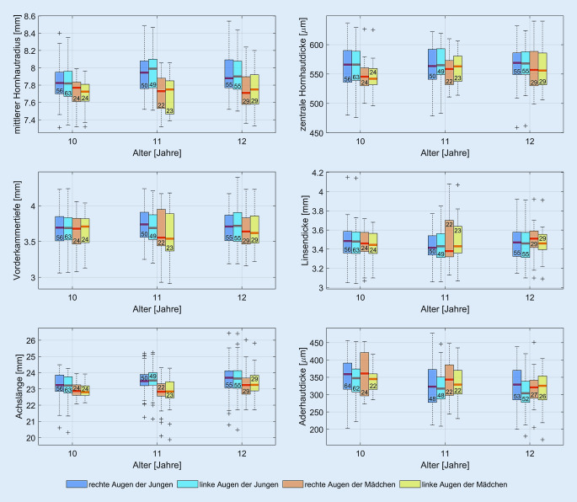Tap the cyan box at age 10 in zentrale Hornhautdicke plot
pos(355,67)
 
